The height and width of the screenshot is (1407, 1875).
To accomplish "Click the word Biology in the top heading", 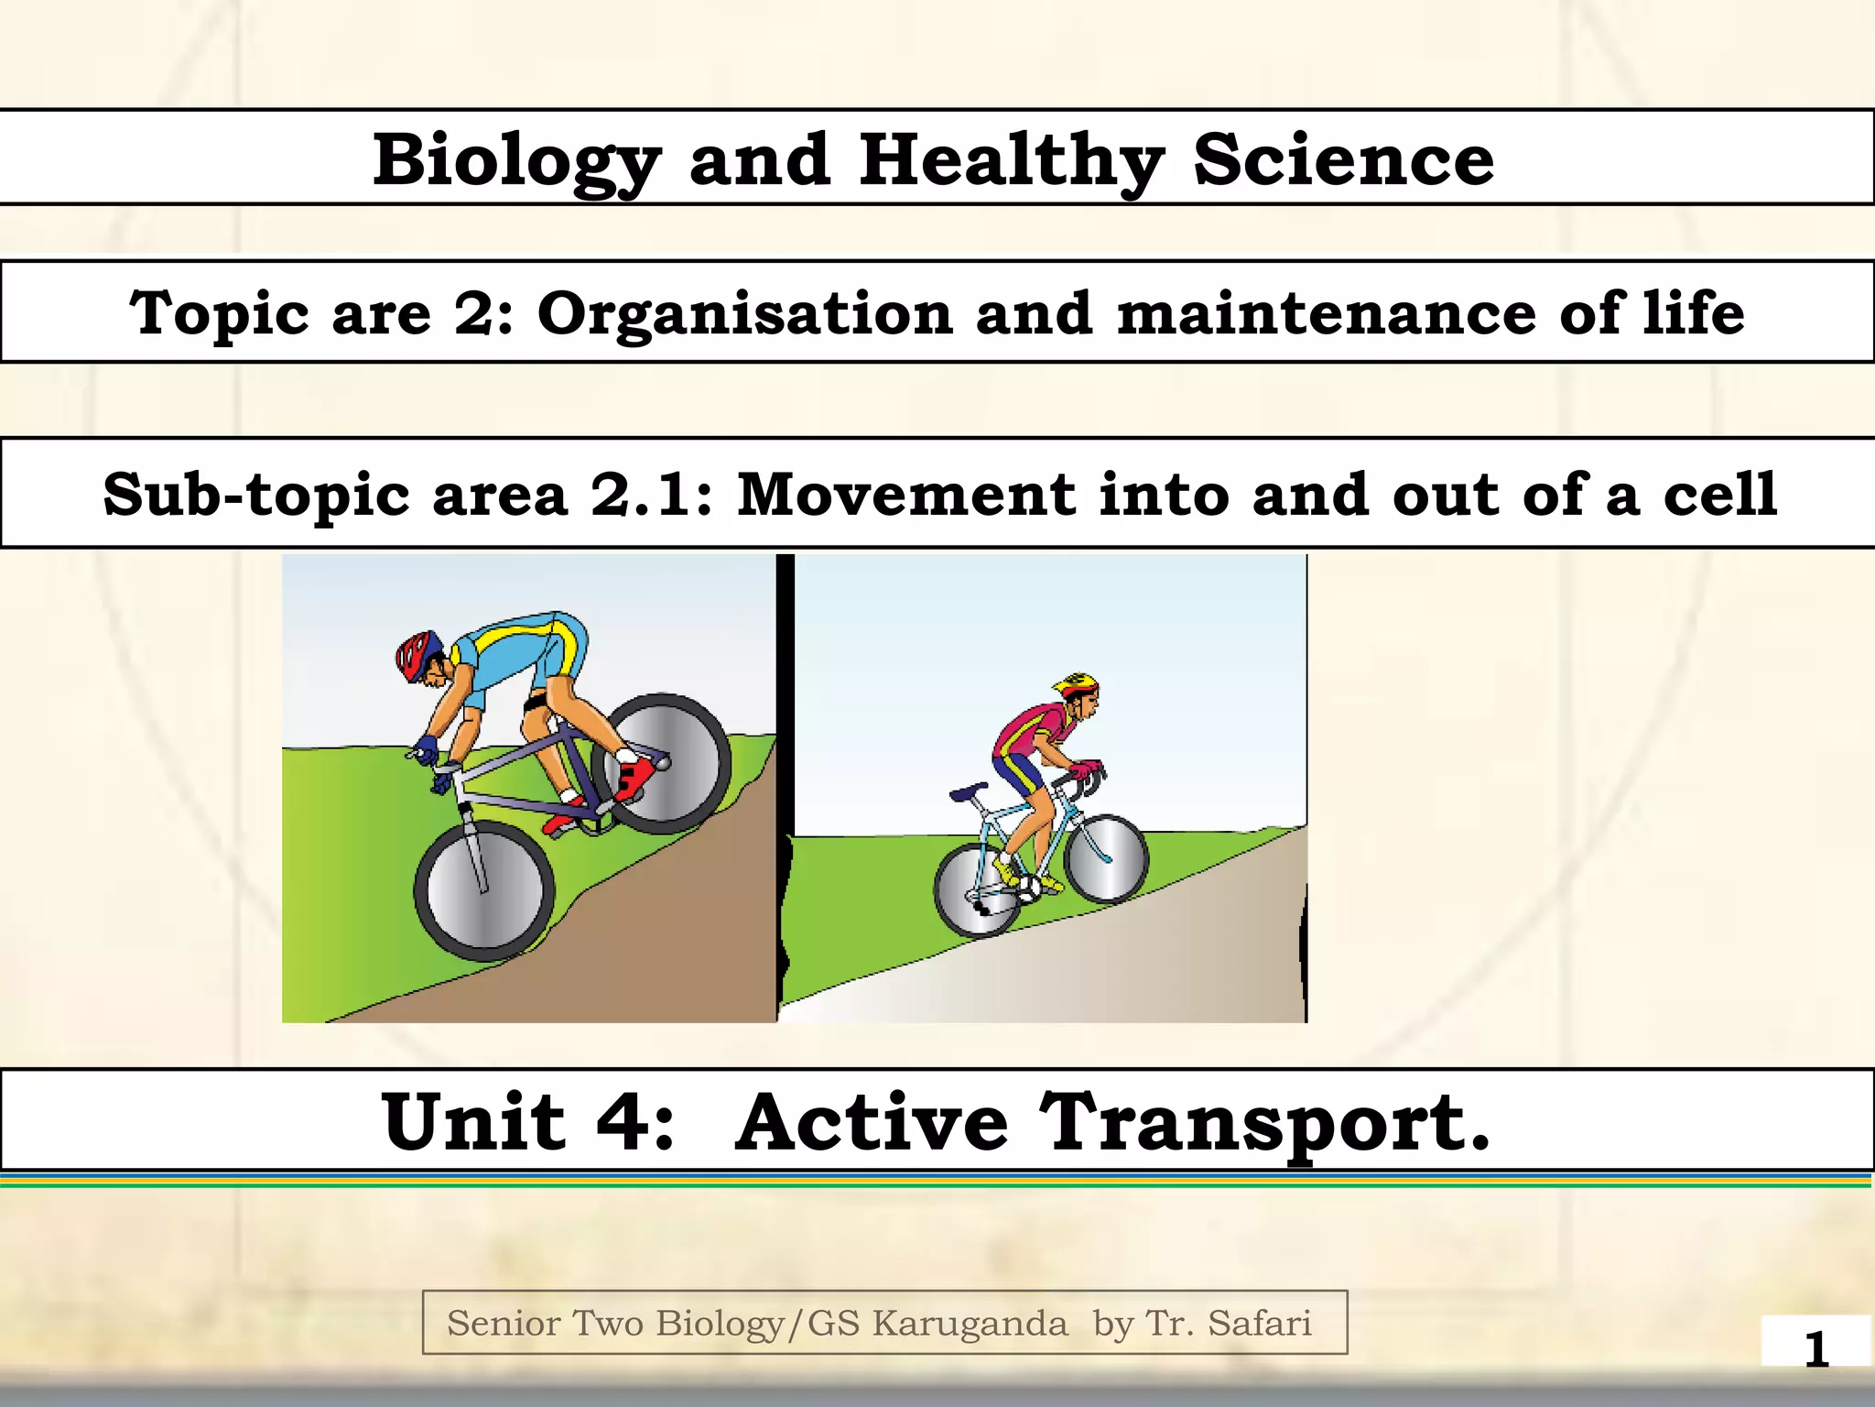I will coord(516,161).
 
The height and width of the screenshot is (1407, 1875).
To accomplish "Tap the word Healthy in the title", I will coord(1012,161).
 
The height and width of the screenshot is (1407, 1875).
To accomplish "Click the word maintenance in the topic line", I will coord(1327,313).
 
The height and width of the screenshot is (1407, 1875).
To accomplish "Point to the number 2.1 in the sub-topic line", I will coord(638,495).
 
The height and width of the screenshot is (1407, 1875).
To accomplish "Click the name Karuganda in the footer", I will coord(969,1324).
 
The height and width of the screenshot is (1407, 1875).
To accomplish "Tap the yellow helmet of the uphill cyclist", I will coord(1075,683).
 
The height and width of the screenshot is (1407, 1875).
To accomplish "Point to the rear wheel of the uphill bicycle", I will coord(978,889).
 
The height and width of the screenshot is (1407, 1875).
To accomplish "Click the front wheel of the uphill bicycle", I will coord(1106,858).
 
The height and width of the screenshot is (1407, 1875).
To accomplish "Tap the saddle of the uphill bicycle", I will coord(969,791).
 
